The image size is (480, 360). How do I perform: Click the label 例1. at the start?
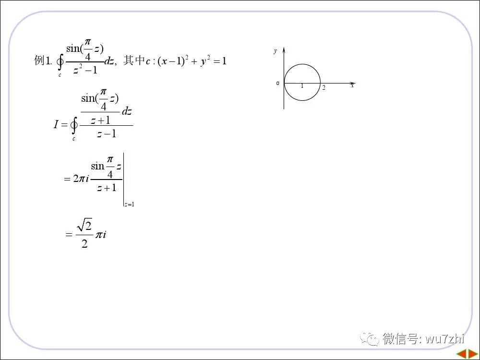[x=43, y=61]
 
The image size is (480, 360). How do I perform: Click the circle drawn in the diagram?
[x=302, y=65]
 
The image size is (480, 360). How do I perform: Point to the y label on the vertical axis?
[x=276, y=51]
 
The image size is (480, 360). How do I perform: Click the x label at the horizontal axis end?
[x=352, y=85]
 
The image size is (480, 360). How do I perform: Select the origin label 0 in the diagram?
[x=277, y=84]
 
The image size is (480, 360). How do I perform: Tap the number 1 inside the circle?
[x=302, y=86]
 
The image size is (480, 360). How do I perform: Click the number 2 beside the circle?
[x=324, y=87]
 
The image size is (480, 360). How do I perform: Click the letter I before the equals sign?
[x=56, y=125]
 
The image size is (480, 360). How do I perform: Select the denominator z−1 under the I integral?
[x=106, y=134]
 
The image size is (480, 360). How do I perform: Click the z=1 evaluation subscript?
[x=129, y=204]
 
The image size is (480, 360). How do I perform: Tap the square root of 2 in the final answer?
[x=84, y=225]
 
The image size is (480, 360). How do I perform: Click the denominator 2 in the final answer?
[x=84, y=244]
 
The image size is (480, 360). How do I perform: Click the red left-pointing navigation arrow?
[x=460, y=354]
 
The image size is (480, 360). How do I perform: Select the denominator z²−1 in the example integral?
[x=85, y=70]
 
